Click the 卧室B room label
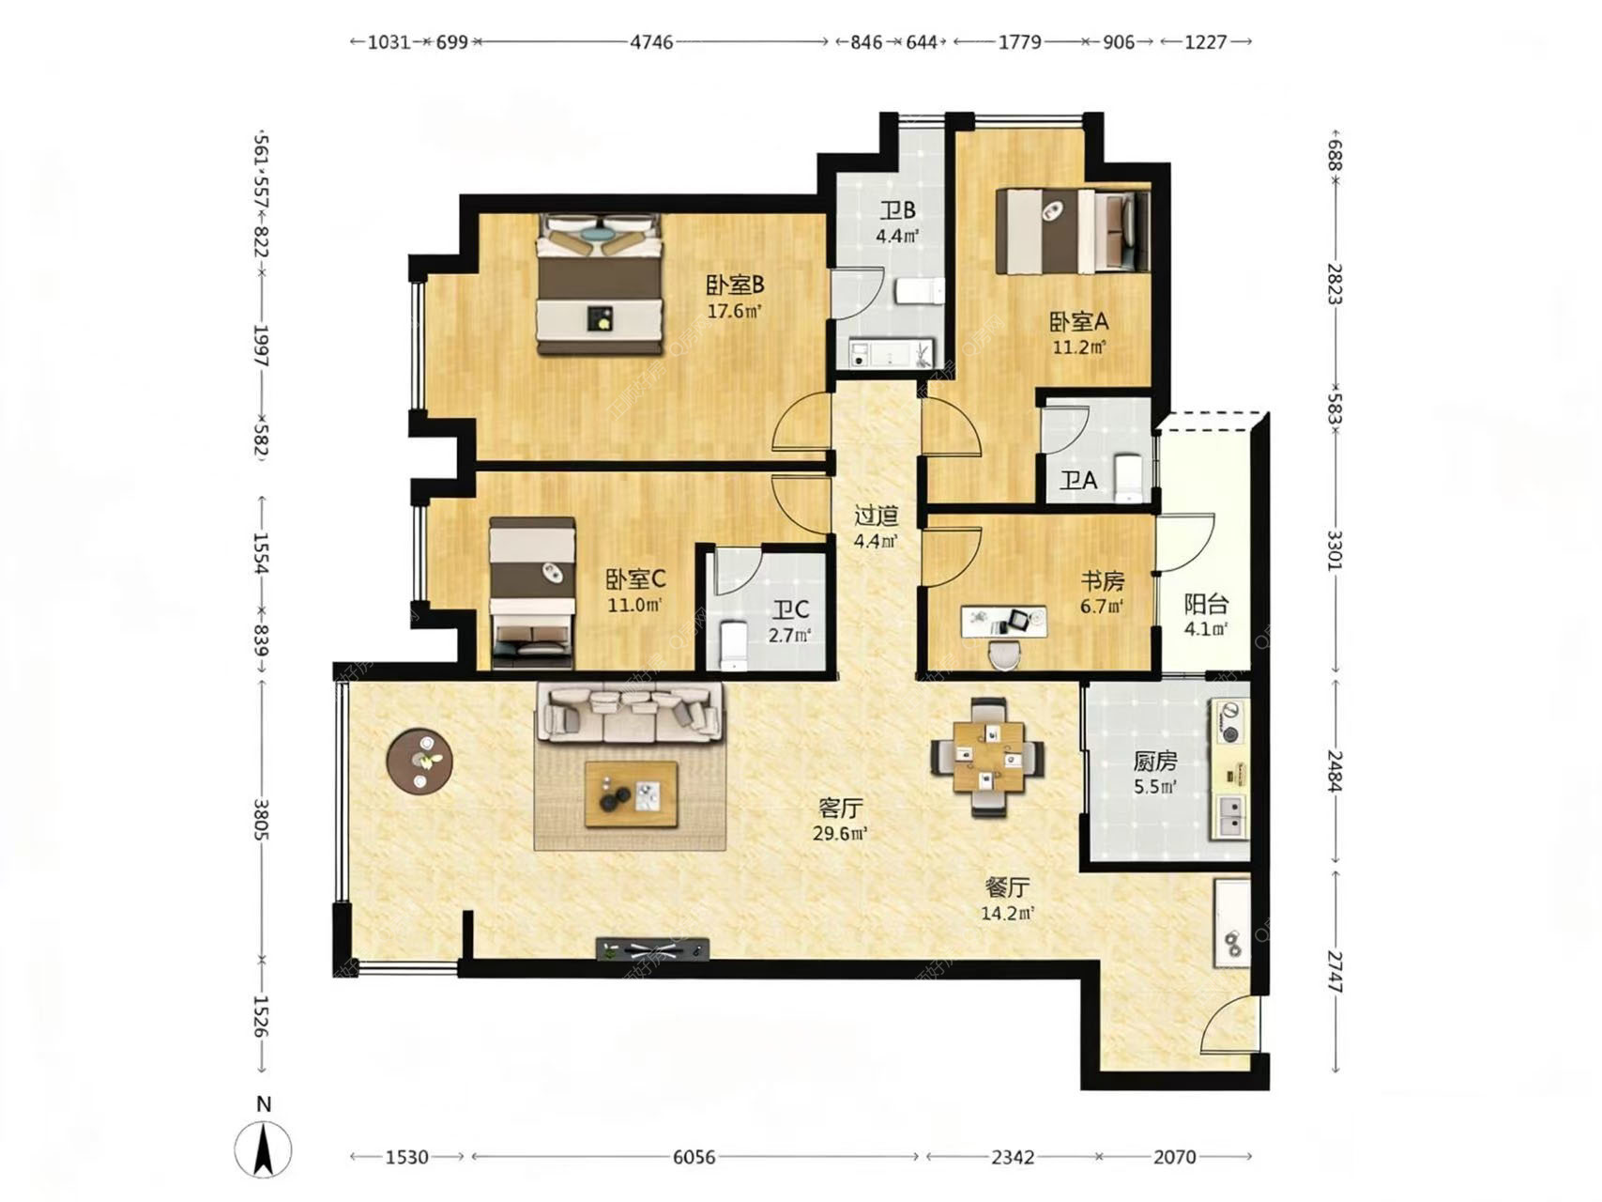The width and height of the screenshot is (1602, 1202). [735, 284]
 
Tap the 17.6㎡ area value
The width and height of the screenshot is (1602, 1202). [734, 311]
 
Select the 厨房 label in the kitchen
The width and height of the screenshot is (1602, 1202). [1154, 762]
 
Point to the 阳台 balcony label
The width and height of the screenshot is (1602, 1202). [1205, 604]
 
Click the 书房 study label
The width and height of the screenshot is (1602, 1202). [1102, 581]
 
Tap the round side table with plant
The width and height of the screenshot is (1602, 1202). [420, 762]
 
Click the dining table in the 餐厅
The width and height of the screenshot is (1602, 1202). [987, 756]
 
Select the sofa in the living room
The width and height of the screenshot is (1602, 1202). [629, 712]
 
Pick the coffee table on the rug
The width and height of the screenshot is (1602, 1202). [631, 794]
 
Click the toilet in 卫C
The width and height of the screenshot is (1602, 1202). [732, 646]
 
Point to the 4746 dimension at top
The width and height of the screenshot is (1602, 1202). [651, 42]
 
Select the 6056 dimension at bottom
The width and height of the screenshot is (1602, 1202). [694, 1157]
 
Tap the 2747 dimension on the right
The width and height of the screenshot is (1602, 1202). [1335, 971]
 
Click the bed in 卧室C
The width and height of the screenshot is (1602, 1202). [532, 593]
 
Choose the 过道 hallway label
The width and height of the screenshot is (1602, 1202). [877, 516]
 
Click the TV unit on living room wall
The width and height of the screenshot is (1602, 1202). [652, 948]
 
